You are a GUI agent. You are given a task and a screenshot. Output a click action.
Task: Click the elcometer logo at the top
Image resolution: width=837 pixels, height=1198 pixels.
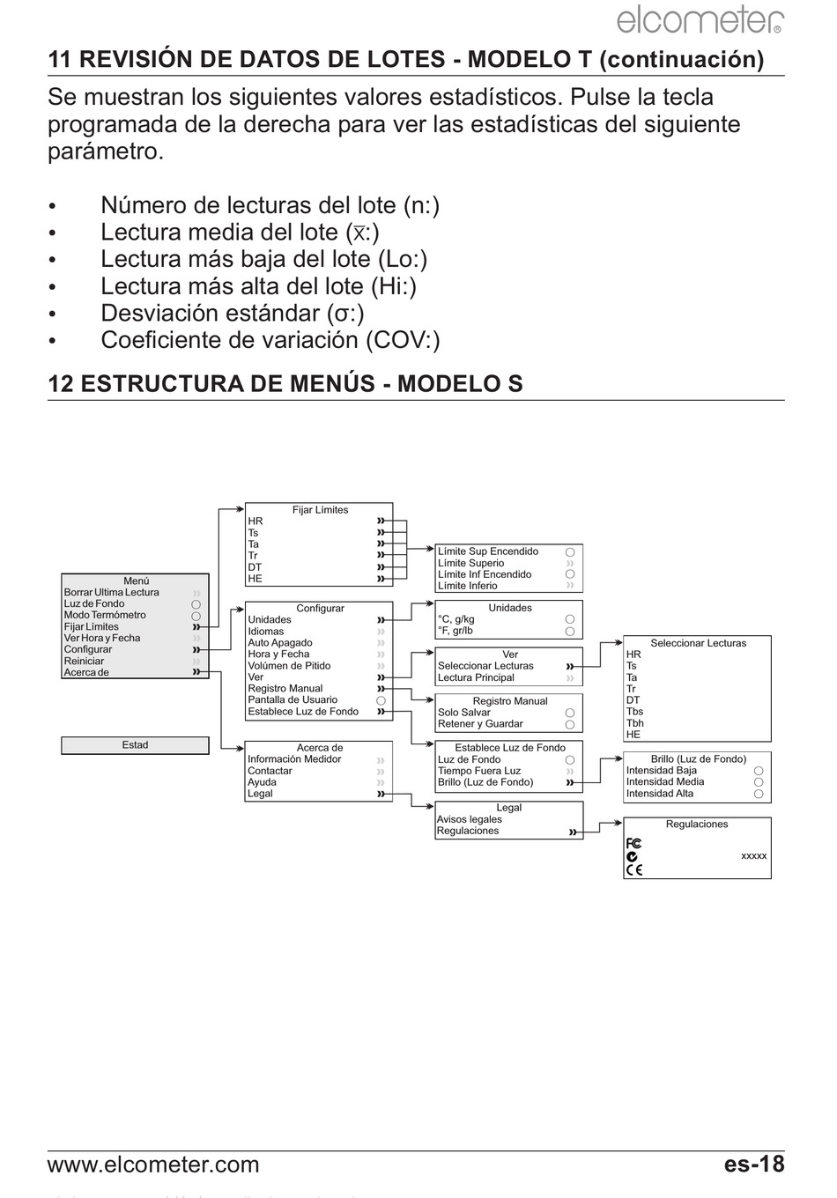[x=699, y=20]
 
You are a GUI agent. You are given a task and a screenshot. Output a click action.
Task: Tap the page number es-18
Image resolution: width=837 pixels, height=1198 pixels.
[x=753, y=1165]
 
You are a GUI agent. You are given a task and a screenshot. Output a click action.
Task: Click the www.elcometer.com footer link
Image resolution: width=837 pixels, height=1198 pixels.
[x=153, y=1165]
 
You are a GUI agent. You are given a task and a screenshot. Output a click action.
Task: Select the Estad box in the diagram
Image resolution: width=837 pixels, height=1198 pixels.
[x=135, y=745]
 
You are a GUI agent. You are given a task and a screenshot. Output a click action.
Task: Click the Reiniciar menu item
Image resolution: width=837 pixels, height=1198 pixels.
[x=84, y=662]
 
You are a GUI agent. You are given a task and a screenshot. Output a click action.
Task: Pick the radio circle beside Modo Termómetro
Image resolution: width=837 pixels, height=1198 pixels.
[x=196, y=616]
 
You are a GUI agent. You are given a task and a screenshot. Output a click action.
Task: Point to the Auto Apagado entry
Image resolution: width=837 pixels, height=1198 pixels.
[x=280, y=643]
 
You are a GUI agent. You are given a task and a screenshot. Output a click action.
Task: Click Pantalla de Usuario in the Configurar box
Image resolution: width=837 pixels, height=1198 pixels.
[x=293, y=700]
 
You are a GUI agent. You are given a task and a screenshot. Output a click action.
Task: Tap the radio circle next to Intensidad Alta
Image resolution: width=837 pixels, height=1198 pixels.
[x=758, y=794]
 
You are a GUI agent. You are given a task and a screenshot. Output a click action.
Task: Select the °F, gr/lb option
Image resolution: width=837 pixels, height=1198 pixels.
[x=456, y=631]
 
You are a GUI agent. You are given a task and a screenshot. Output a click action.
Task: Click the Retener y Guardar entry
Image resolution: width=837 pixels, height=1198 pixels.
[x=480, y=724]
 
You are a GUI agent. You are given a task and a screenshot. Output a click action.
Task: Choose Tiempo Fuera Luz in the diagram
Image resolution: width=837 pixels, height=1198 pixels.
[x=479, y=771]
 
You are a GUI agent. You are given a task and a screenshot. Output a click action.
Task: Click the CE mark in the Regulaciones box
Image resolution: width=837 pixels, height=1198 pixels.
[x=633, y=869]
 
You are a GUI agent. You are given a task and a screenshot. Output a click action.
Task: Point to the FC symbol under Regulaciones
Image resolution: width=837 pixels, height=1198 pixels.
[x=633, y=844]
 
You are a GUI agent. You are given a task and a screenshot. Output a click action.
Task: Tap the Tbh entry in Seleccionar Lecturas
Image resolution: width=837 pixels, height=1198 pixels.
[x=634, y=723]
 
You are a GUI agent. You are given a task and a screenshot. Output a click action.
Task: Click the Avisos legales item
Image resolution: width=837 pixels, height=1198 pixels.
[x=469, y=819]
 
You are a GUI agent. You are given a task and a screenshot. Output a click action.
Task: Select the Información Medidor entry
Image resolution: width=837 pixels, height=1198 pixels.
[x=294, y=759]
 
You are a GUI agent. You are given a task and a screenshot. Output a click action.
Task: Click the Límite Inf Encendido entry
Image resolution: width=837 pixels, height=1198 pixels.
[x=485, y=574]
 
